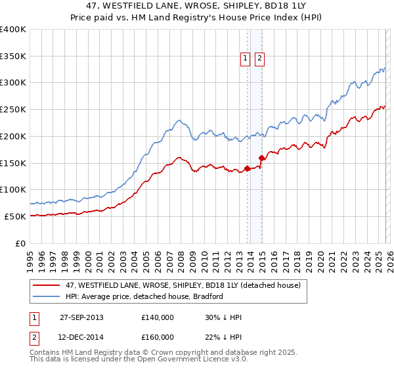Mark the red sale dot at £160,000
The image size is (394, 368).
click(261, 158)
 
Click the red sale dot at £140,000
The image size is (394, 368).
click(248, 168)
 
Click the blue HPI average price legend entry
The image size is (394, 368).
click(144, 296)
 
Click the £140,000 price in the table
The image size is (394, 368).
click(158, 317)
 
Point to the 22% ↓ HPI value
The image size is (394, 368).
click(223, 337)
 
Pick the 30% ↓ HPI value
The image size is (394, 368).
click(223, 317)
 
